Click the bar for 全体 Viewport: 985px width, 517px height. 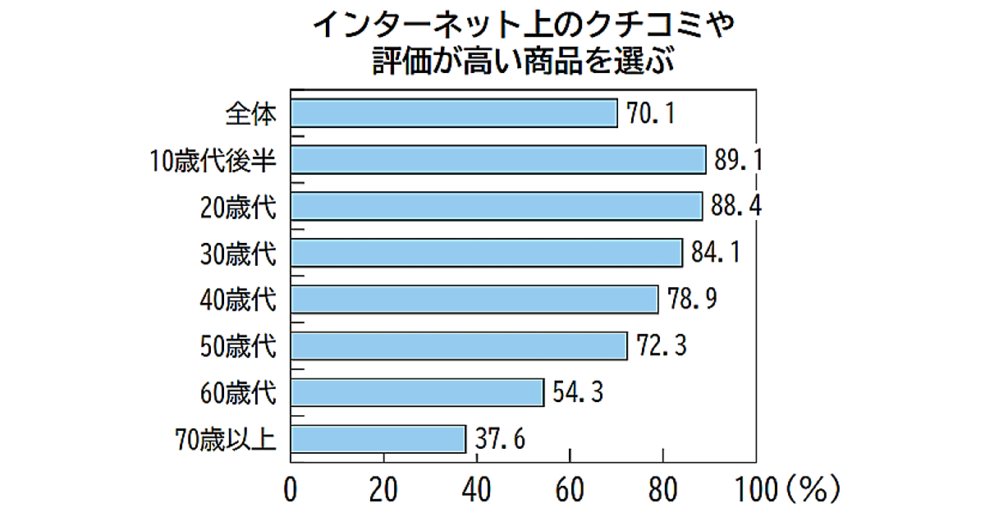coord(454,113)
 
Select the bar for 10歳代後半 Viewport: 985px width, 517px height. coord(498,159)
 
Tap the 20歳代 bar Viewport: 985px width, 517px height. coord(497,206)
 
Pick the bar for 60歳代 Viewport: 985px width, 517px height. coord(417,392)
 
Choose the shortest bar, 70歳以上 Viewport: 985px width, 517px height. coord(378,439)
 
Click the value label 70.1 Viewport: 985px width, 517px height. coord(651,113)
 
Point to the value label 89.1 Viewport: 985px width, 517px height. coord(738,159)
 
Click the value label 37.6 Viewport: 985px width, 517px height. coord(499,439)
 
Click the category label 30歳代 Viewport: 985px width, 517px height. coord(238,253)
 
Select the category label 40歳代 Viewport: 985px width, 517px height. coord(238,300)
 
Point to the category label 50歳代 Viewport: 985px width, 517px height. coord(238,346)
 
